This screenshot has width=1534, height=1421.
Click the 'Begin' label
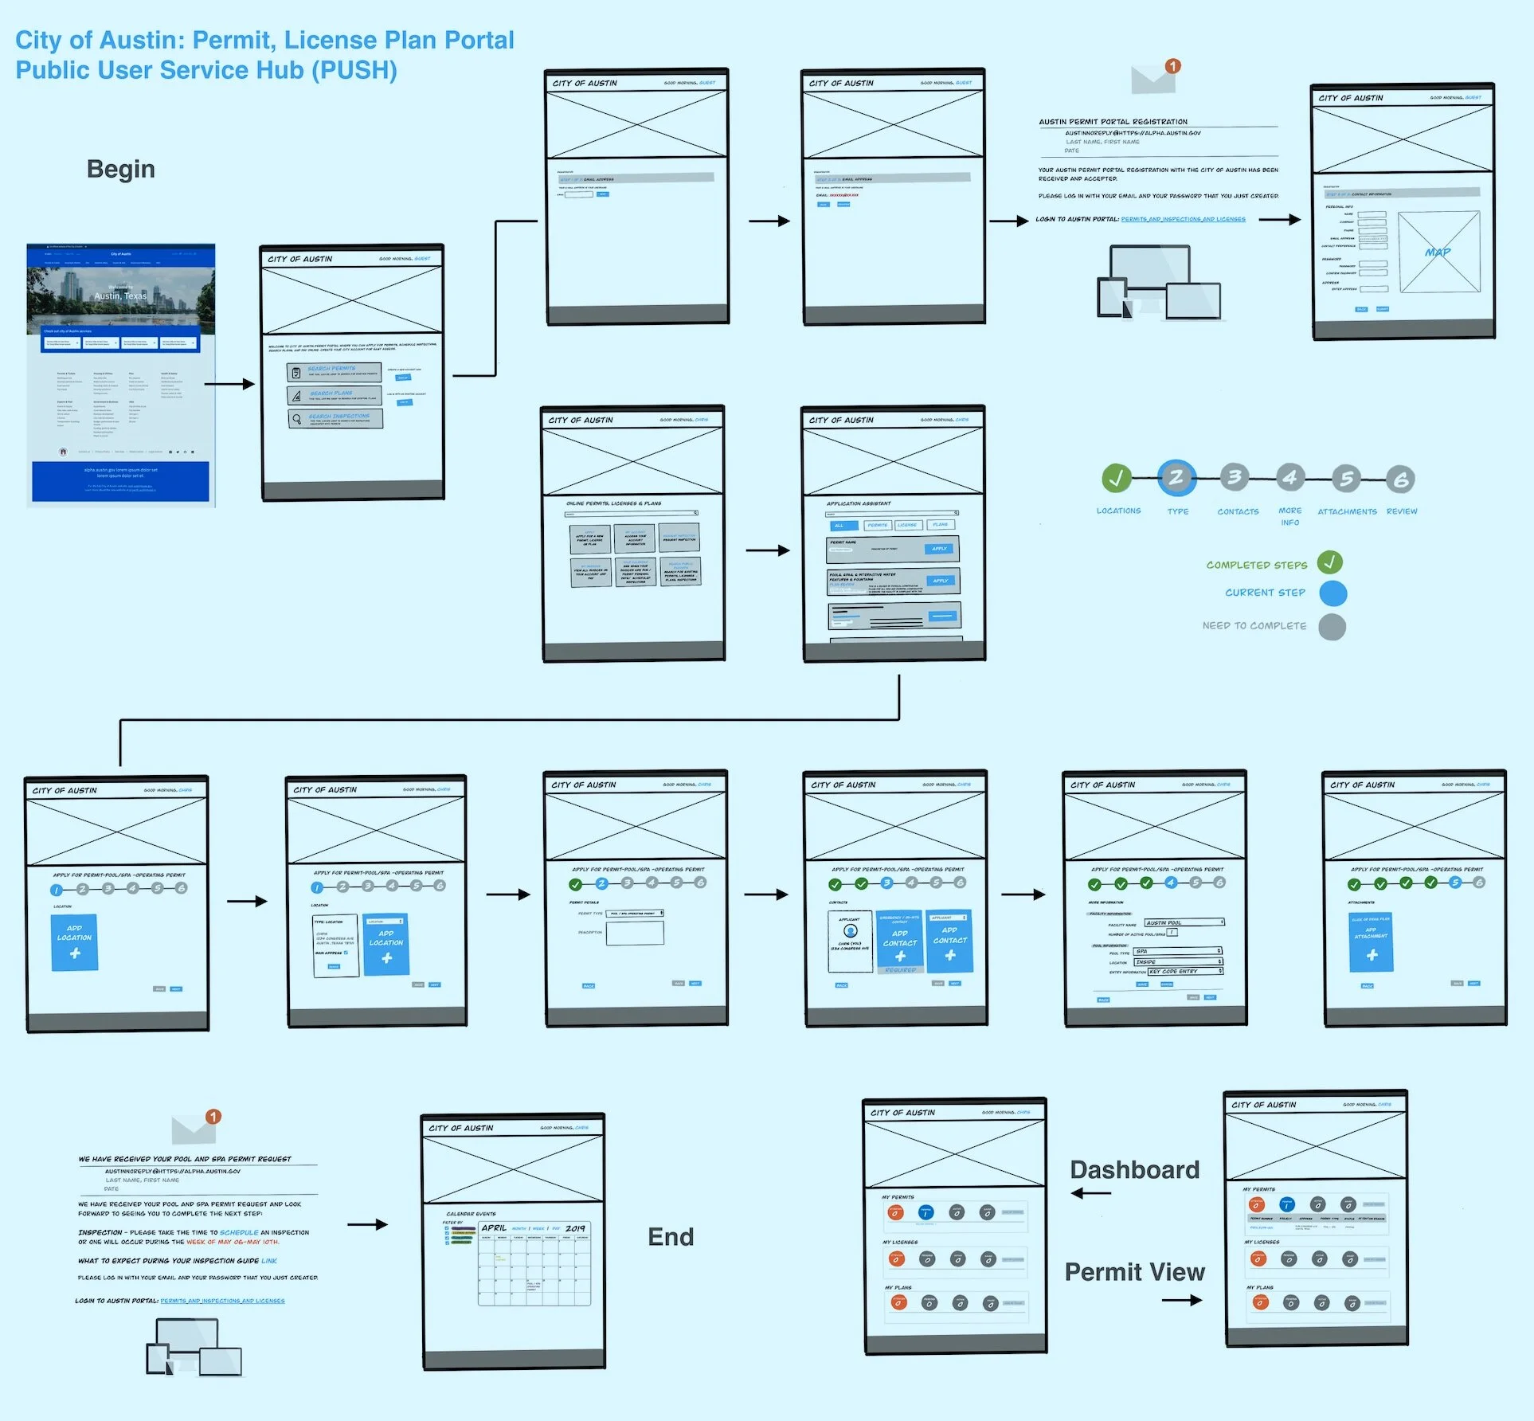pyautogui.click(x=120, y=169)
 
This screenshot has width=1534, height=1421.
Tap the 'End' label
pyautogui.click(x=671, y=1237)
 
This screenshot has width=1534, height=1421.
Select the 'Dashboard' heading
pyautogui.click(x=1134, y=1169)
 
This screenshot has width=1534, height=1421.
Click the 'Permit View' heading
pyautogui.click(x=1134, y=1272)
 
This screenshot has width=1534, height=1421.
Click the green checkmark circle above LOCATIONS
pyautogui.click(x=1117, y=478)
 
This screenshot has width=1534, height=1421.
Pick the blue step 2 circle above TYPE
pyautogui.click(x=1176, y=478)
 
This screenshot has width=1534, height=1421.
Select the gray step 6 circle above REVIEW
pyautogui.click(x=1400, y=479)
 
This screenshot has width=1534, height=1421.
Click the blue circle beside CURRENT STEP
pyautogui.click(x=1332, y=593)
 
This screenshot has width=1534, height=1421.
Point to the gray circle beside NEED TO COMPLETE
pyautogui.click(x=1332, y=627)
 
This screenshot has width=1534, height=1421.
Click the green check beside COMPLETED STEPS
pyautogui.click(x=1329, y=562)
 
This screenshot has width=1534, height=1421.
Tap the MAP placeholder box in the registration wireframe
pyautogui.click(x=1438, y=252)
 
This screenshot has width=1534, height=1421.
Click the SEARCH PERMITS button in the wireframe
pyautogui.click(x=334, y=371)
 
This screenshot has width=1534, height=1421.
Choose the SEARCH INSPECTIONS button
pyautogui.click(x=335, y=418)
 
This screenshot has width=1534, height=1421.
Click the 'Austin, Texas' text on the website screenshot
pyautogui.click(x=120, y=296)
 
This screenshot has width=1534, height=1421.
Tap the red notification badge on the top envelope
pyautogui.click(x=1172, y=66)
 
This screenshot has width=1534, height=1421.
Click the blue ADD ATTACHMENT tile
pyautogui.click(x=1371, y=942)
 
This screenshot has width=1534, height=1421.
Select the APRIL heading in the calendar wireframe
pyautogui.click(x=494, y=1227)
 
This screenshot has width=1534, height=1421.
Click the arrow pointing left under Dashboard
pyautogui.click(x=1091, y=1193)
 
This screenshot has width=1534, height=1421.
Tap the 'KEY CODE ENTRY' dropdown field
pyautogui.click(x=1184, y=971)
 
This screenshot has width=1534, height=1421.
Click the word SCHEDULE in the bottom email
pyautogui.click(x=239, y=1232)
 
